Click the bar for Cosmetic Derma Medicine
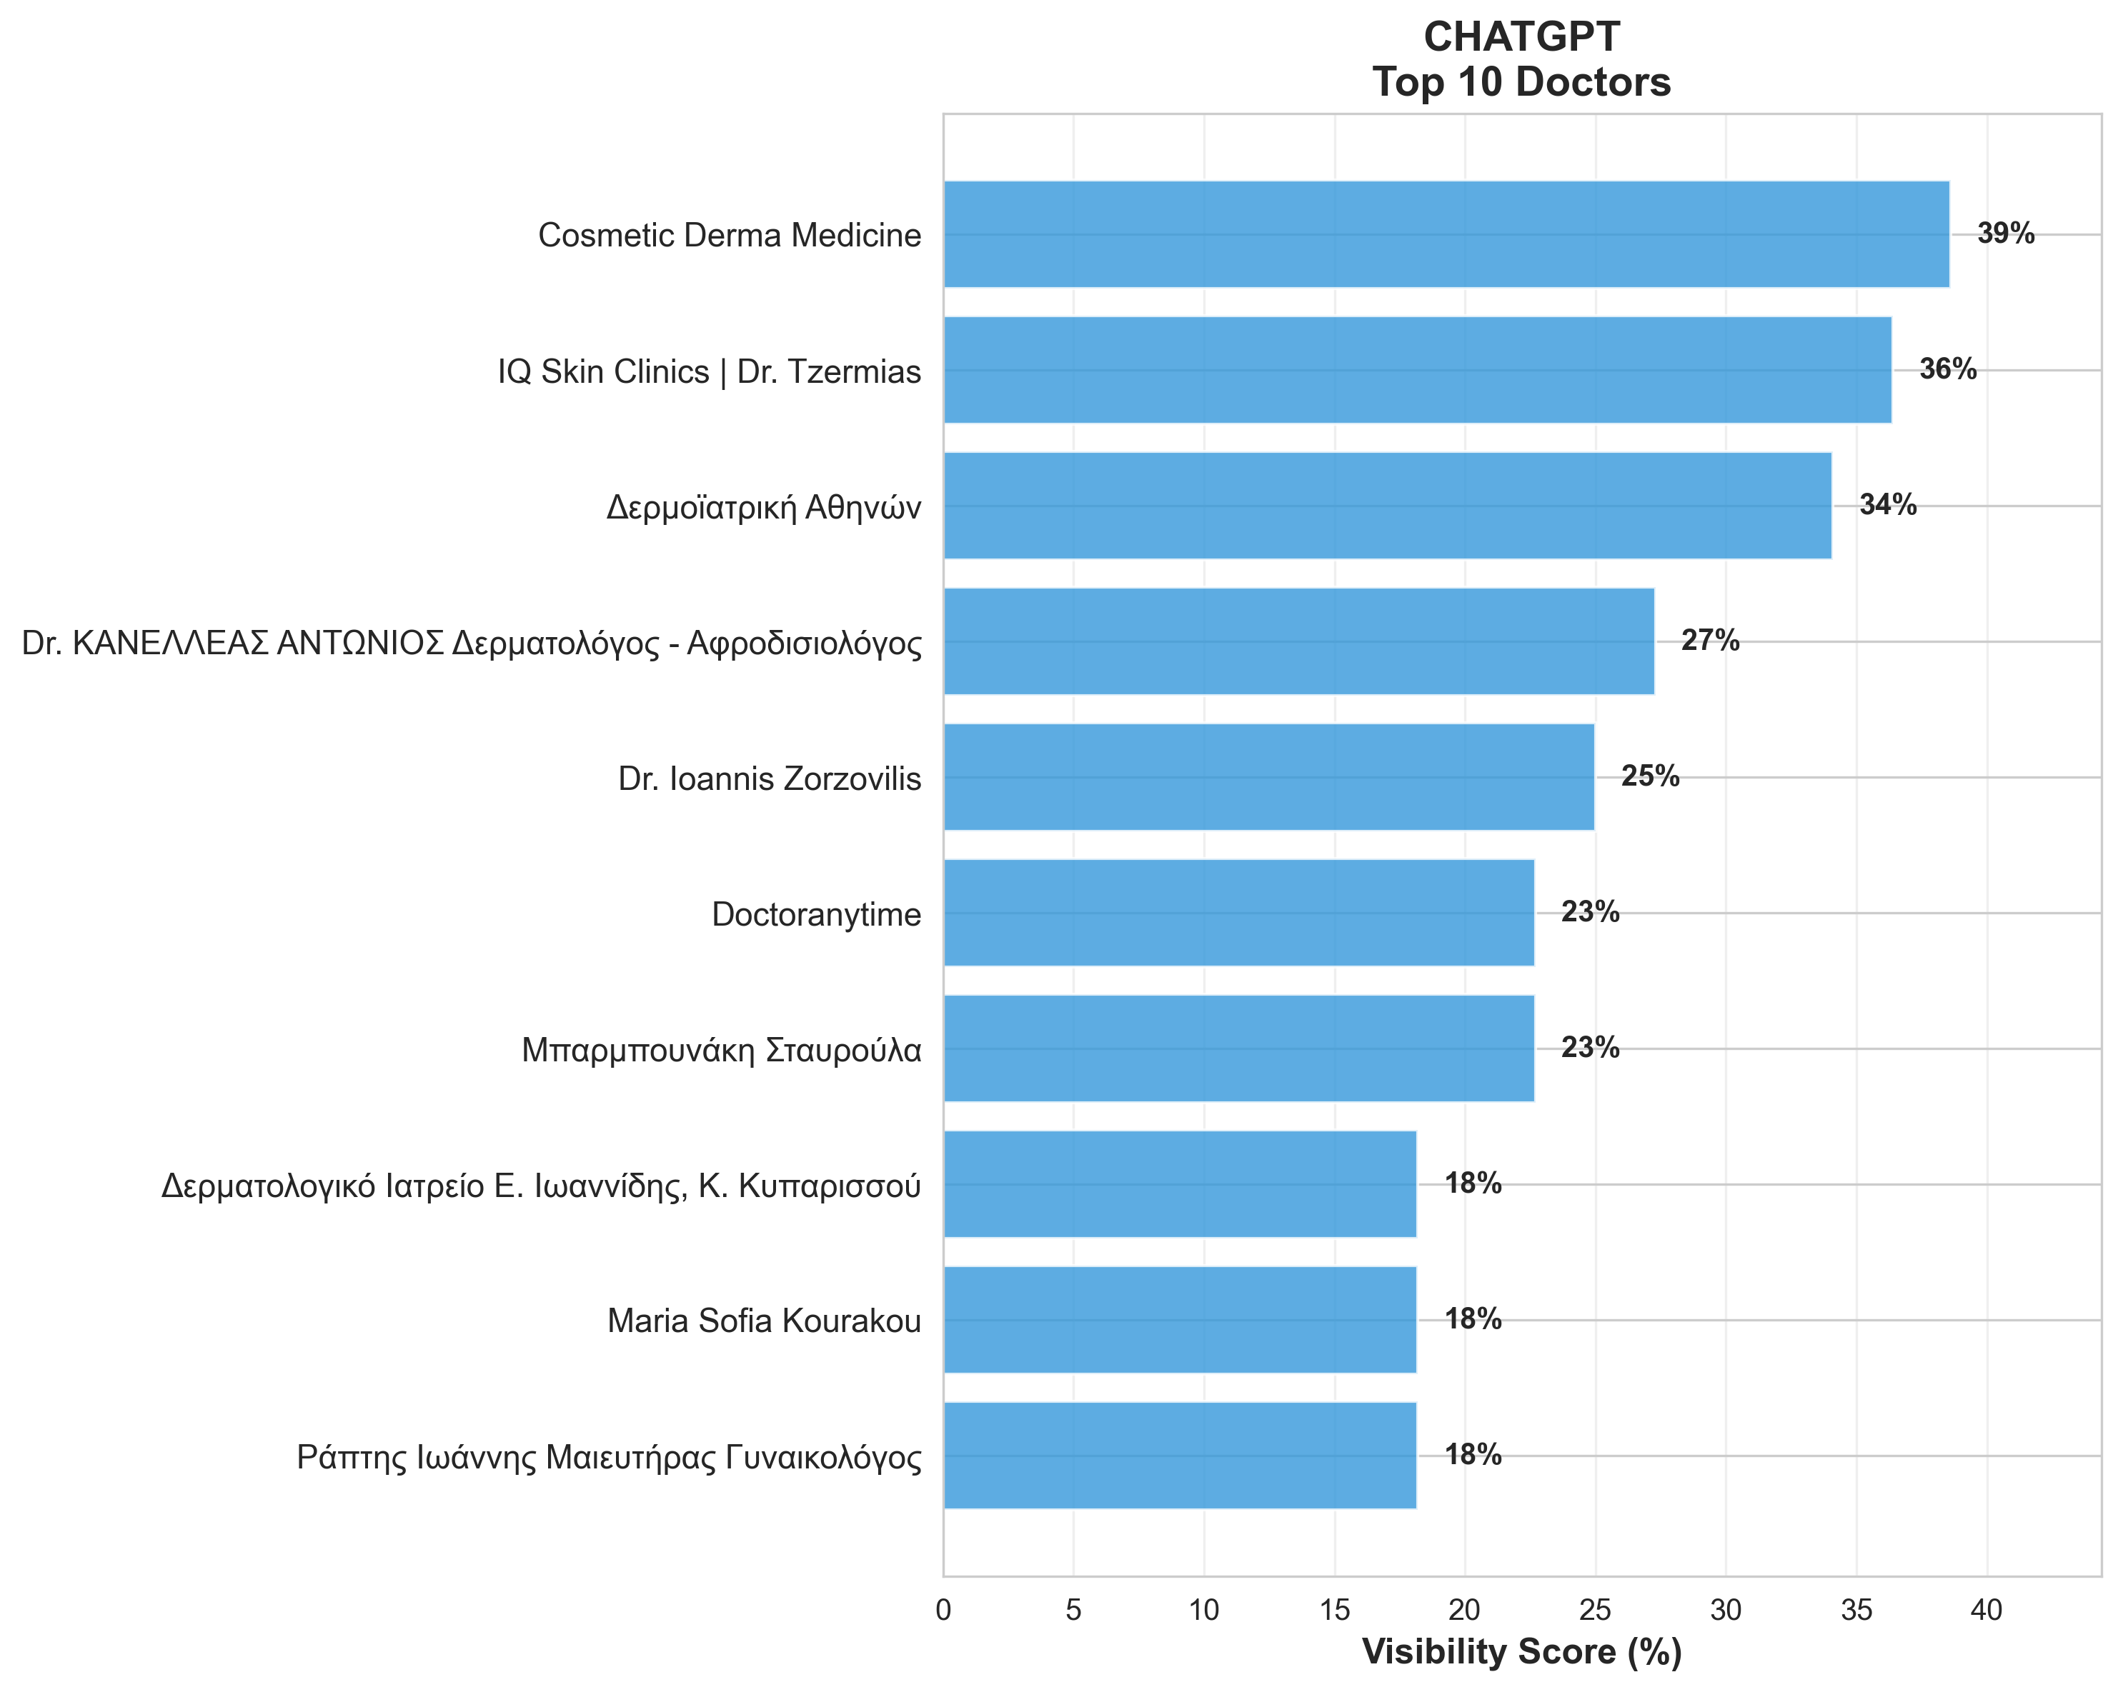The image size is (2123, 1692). [1446, 234]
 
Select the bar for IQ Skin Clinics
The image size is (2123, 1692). [1417, 370]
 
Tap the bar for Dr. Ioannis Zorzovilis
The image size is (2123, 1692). [1268, 776]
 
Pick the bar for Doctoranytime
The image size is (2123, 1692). [1239, 913]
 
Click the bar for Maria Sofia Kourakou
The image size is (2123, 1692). [1180, 1319]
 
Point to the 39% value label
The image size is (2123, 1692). [2005, 234]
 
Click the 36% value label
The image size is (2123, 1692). [1947, 370]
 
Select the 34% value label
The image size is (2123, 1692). [1888, 506]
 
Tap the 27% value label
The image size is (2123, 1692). [1709, 641]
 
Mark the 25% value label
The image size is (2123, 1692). [1651, 776]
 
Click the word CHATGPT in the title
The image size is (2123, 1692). [1521, 37]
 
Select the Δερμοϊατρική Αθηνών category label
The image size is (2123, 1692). [764, 508]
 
